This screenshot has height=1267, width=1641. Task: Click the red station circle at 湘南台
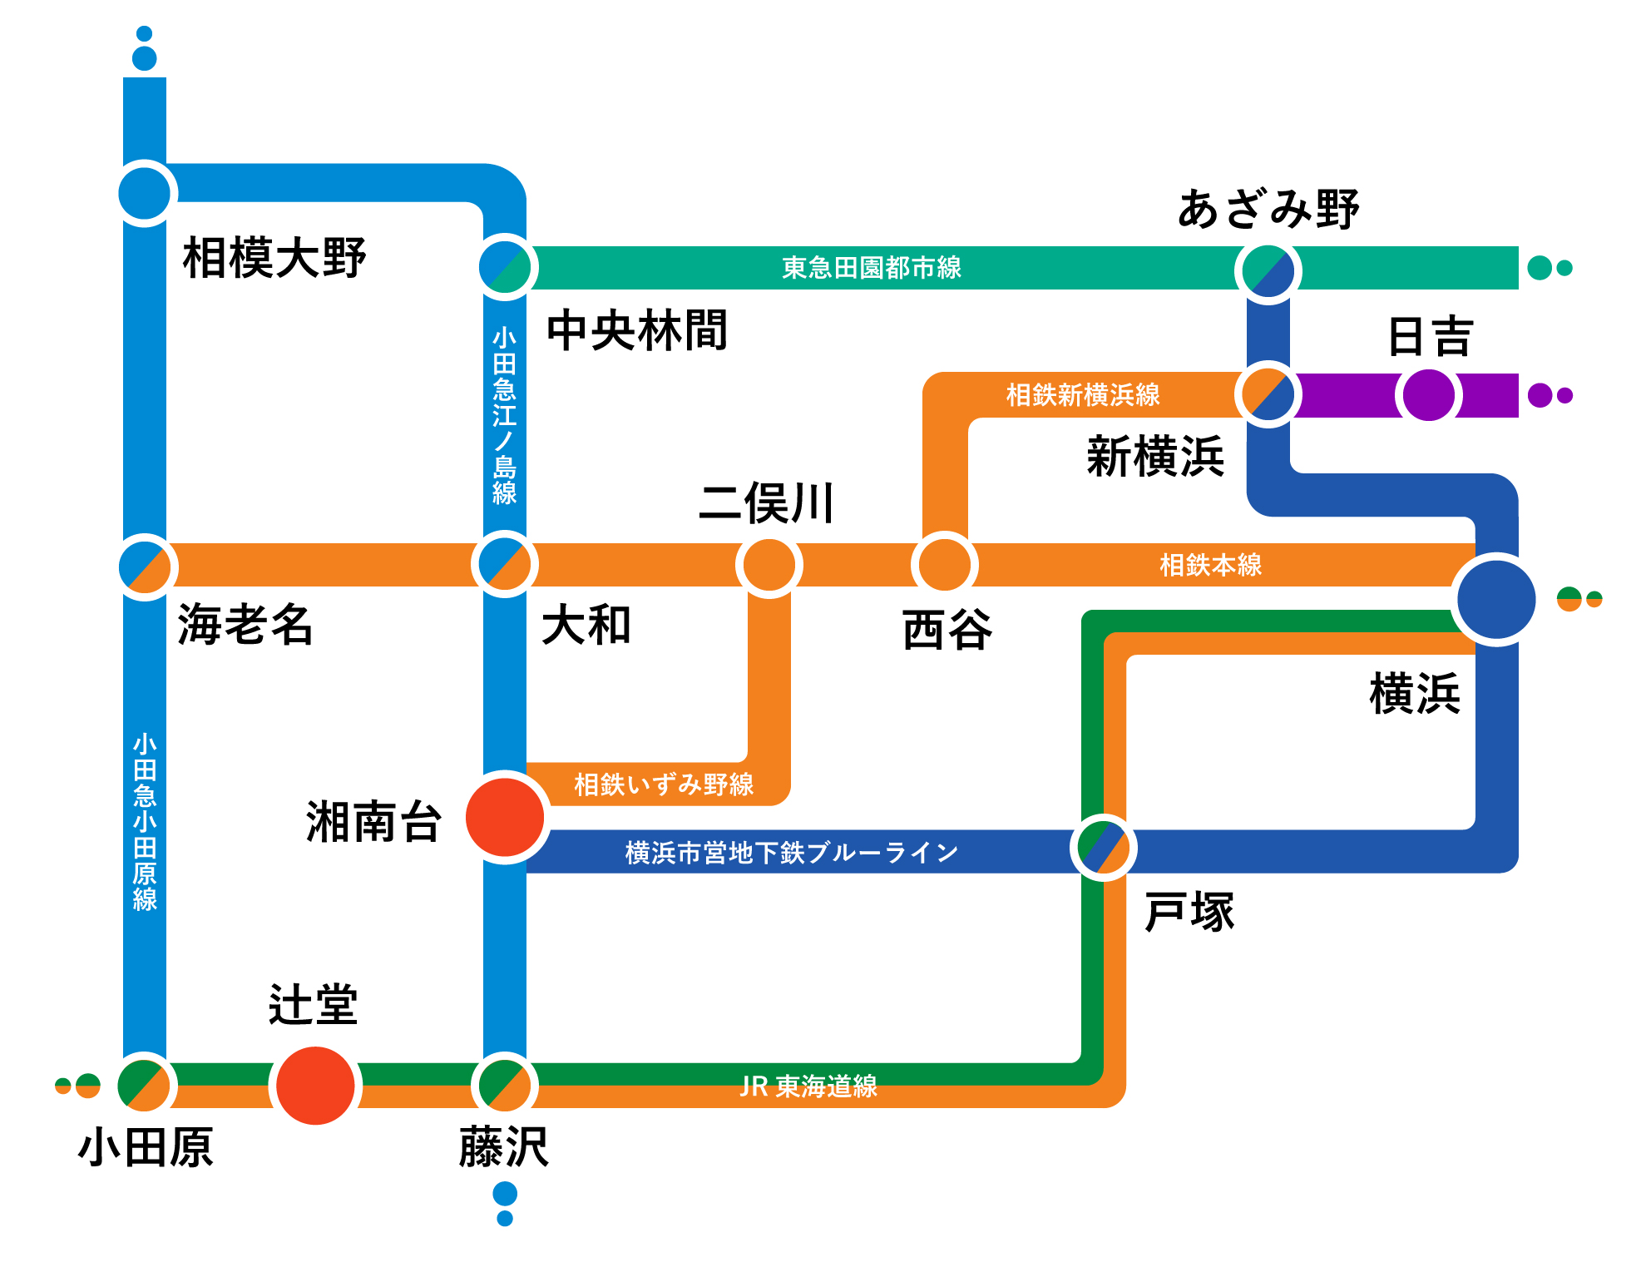[505, 817]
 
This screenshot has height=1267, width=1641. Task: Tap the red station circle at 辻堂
[315, 1085]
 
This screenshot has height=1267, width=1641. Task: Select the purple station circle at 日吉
[1429, 394]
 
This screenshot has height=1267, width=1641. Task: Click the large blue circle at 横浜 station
[1496, 599]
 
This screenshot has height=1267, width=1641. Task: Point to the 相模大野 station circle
[145, 193]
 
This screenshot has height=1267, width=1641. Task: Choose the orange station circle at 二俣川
[769, 565]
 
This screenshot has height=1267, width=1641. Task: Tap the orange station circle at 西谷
[944, 565]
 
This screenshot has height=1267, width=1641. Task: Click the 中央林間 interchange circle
[505, 267]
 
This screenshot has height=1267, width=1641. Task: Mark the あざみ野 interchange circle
[1268, 270]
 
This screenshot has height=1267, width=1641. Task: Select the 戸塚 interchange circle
[1103, 848]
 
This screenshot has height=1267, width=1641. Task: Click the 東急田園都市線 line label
[872, 268]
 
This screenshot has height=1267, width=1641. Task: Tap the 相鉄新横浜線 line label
[1083, 394]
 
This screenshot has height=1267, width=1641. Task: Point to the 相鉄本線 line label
[1210, 565]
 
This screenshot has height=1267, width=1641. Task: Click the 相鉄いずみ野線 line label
[664, 784]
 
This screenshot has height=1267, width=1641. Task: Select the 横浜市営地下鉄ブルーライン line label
[791, 852]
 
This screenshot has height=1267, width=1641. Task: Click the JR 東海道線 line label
[808, 1086]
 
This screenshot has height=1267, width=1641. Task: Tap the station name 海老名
[245, 624]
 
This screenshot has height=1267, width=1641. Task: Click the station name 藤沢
[504, 1147]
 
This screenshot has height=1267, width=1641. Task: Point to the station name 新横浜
[1155, 456]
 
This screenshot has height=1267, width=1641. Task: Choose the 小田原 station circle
[145, 1085]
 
